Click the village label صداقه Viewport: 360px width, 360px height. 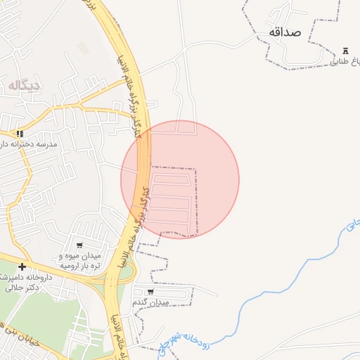pyautogui.click(x=284, y=32)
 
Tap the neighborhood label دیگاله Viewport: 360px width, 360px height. pyautogui.click(x=25, y=85)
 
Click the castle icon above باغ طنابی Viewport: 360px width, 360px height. pyautogui.click(x=345, y=51)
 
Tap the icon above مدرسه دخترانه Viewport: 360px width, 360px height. pyautogui.click(x=21, y=134)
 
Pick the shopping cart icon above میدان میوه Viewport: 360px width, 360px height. pyautogui.click(x=80, y=245)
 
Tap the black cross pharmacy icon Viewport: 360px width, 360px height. pyautogui.click(x=22, y=266)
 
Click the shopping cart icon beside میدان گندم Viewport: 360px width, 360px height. pyautogui.click(x=150, y=292)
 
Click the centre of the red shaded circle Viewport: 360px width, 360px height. pyautogui.click(x=180, y=179)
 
